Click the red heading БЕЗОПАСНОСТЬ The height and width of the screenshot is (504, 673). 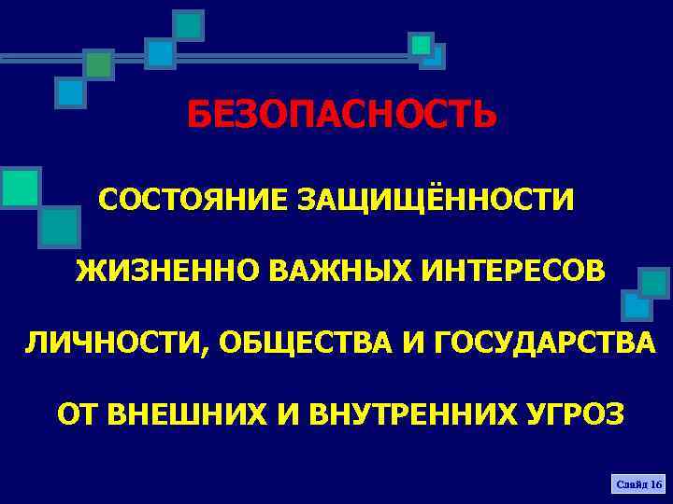point(341,117)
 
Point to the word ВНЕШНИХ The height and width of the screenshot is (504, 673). point(188,413)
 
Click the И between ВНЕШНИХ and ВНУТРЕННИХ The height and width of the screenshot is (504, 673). point(294,413)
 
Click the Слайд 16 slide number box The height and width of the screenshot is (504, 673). point(637,484)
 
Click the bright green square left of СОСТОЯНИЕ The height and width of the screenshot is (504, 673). point(20,188)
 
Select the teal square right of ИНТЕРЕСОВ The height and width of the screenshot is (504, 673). point(653,284)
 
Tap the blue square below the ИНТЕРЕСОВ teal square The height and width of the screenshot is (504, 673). point(637,305)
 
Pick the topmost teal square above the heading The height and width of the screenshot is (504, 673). point(189,25)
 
